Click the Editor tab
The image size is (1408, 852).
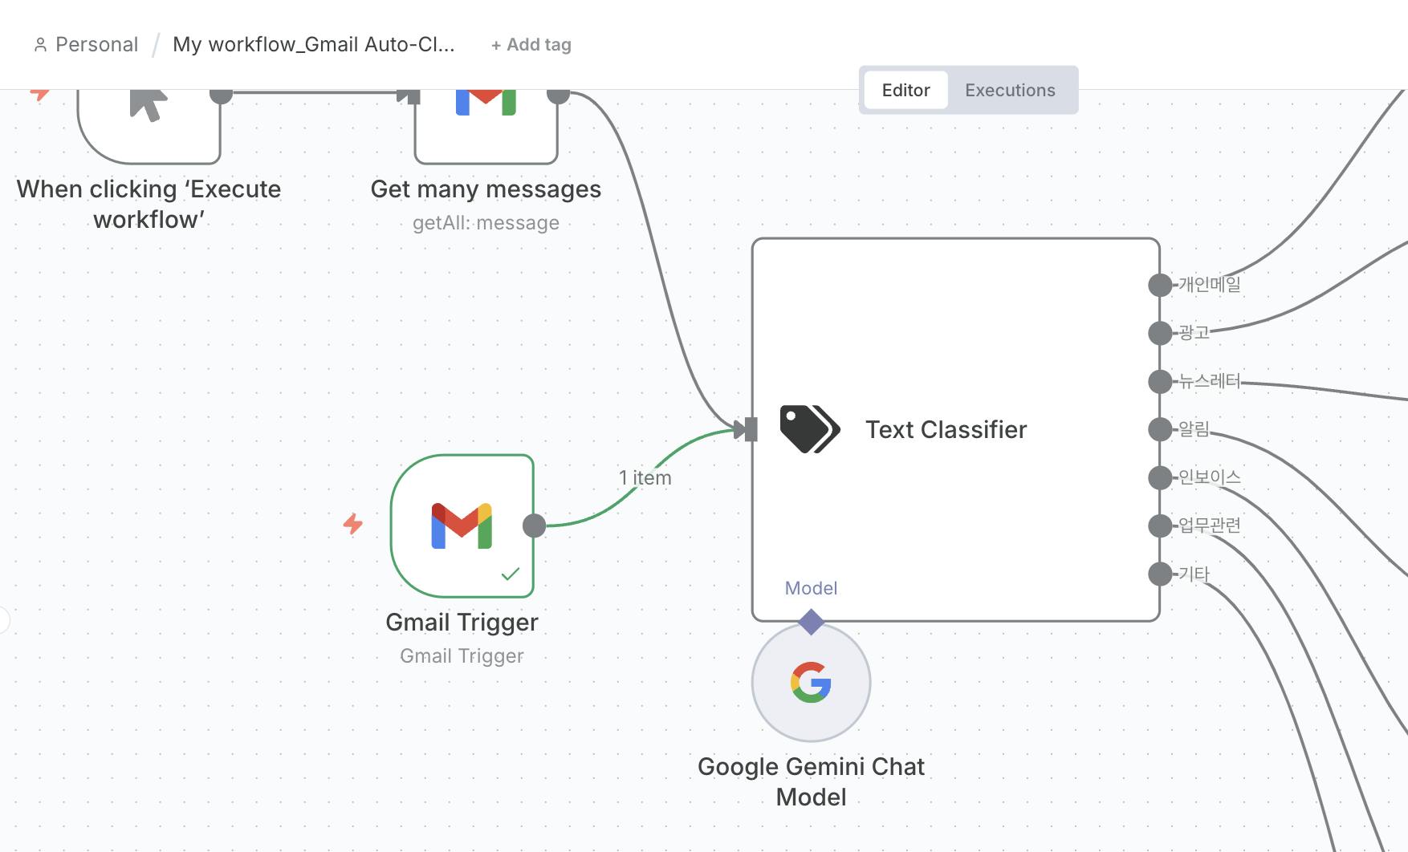click(x=905, y=90)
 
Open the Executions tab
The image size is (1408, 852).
click(x=1010, y=90)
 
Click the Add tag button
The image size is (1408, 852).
click(x=531, y=45)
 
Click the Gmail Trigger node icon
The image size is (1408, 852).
click(x=462, y=525)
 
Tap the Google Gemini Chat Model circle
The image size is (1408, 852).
click(x=811, y=683)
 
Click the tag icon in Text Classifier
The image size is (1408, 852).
click(x=809, y=429)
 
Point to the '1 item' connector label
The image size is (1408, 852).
click(x=645, y=478)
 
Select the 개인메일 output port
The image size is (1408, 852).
click(x=1160, y=285)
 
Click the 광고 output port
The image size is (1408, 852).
click(x=1160, y=333)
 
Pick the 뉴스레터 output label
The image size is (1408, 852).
click(x=1210, y=381)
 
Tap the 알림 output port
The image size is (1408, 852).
click(x=1160, y=429)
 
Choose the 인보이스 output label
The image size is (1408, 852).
click(x=1210, y=477)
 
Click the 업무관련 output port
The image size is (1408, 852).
click(x=1160, y=525)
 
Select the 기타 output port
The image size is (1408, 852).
click(x=1160, y=574)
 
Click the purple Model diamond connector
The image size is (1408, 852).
click(x=811, y=622)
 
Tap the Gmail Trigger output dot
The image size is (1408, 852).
click(x=534, y=525)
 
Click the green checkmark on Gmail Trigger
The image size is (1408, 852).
click(x=511, y=574)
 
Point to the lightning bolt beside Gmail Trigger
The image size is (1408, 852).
click(x=353, y=524)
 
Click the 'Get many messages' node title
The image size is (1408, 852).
click(x=486, y=189)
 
